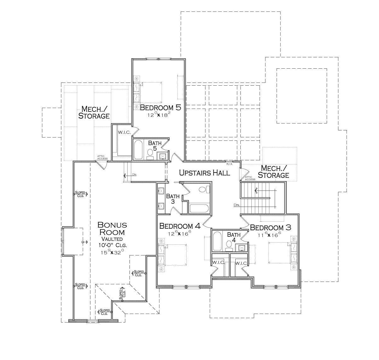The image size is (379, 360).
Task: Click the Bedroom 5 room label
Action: point(160,108)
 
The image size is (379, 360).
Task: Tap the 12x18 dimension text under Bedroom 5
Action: point(159,115)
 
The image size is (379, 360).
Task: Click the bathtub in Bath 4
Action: point(217,241)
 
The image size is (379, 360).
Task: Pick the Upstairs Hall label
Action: point(204,173)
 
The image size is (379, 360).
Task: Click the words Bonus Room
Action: point(112,229)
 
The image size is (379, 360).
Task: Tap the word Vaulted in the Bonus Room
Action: point(112,239)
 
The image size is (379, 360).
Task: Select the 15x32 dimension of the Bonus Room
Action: point(112,252)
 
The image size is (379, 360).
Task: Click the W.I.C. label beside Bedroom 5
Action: point(124,132)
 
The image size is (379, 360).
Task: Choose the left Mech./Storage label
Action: point(94,112)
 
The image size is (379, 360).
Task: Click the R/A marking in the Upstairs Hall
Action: point(229,164)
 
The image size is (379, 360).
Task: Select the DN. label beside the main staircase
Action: point(237,205)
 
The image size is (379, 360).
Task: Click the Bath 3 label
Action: point(173,199)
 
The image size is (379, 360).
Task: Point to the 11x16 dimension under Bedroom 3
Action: point(269,235)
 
